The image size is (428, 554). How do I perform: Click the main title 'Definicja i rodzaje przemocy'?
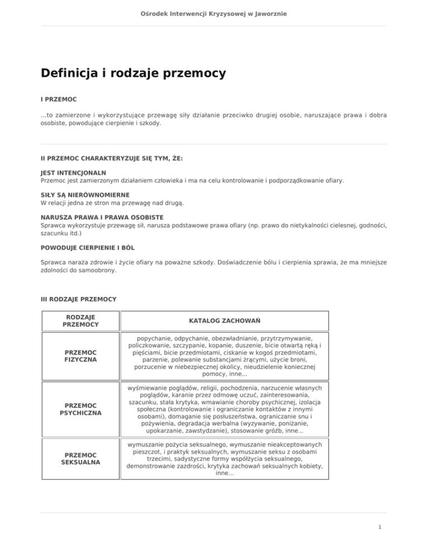[x=133, y=73]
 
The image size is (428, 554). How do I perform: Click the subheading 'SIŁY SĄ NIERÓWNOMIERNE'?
[x=85, y=195]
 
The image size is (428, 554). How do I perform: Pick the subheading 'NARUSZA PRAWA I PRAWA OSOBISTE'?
[x=101, y=216]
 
